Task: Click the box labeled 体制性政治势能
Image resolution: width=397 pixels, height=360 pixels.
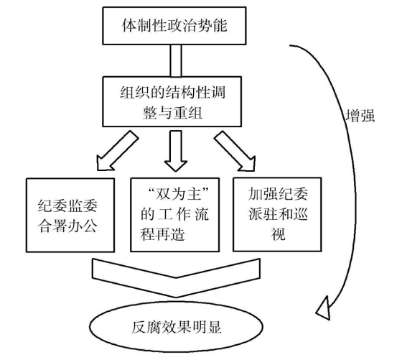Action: click(174, 26)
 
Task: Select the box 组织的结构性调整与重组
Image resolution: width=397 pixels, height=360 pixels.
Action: click(172, 101)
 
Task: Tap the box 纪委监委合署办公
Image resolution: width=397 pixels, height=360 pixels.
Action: click(70, 215)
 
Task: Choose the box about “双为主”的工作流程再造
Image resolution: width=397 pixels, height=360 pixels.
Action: click(174, 215)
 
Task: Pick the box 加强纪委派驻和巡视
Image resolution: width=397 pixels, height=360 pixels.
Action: click(277, 214)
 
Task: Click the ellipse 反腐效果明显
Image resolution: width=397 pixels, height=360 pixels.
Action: click(176, 326)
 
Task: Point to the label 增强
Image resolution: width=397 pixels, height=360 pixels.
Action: click(360, 116)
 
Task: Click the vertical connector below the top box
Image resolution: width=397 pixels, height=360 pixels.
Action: click(176, 61)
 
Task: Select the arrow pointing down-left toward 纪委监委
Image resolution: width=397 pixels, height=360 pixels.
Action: click(117, 151)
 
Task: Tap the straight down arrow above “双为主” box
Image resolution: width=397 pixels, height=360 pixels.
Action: click(176, 151)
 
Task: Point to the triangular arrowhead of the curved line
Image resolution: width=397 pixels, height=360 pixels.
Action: click(324, 310)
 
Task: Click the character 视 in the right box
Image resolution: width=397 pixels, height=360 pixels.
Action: click(279, 234)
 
